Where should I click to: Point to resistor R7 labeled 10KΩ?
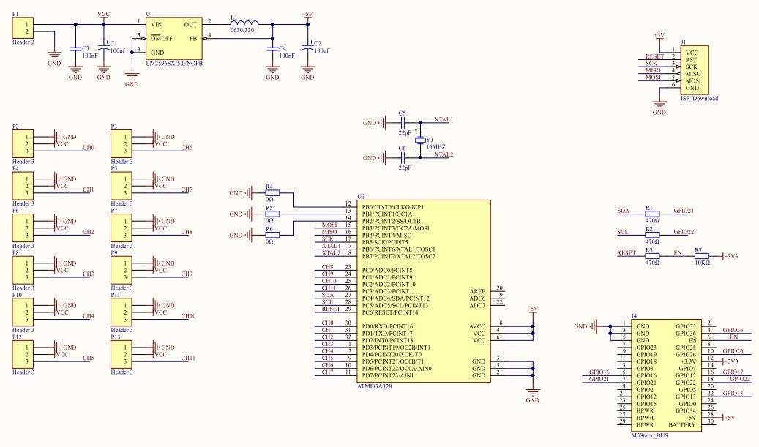pyautogui.click(x=698, y=255)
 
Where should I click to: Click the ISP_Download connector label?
pyautogui.click(x=699, y=98)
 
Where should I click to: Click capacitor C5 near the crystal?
pyautogui.click(x=402, y=123)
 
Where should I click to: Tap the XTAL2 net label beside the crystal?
pyautogui.click(x=444, y=154)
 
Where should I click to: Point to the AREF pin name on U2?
pyautogui.click(x=476, y=290)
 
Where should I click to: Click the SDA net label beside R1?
pyautogui.click(x=624, y=211)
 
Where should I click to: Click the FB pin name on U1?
pyautogui.click(x=193, y=38)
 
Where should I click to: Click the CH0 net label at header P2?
pyautogui.click(x=89, y=148)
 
